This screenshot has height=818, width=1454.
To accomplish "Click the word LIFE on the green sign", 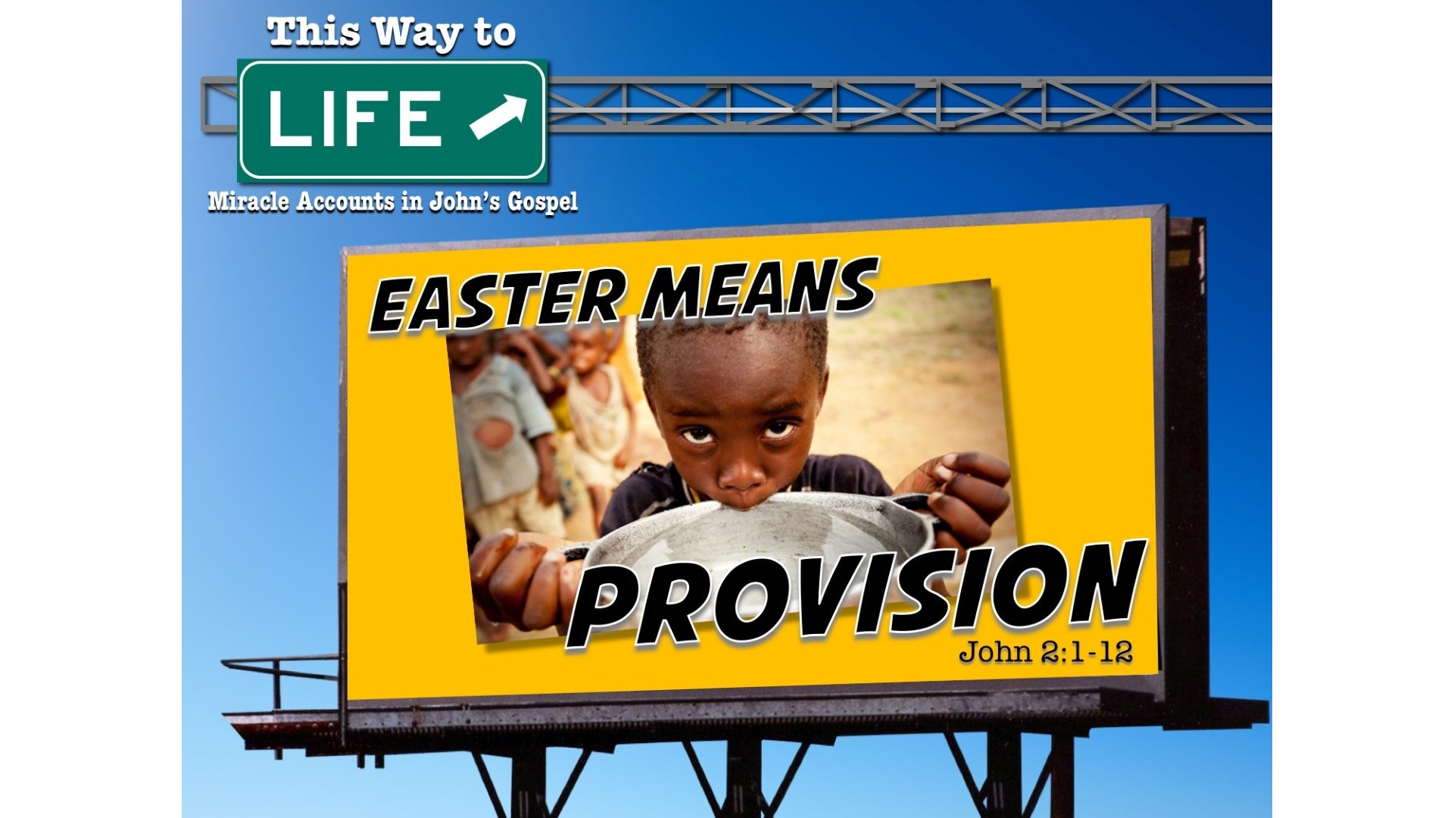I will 354,118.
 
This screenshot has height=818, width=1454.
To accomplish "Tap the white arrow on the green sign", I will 498,117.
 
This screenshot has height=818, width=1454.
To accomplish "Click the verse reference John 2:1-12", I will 1045,651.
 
